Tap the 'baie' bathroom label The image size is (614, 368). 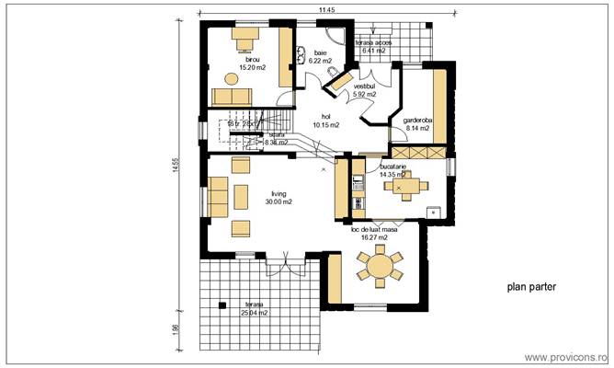320,53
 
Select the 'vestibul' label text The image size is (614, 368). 366,86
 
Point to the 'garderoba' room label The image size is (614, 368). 417,120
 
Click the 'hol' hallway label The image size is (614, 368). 325,117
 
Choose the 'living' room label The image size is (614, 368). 279,194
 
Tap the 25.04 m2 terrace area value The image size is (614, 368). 254,313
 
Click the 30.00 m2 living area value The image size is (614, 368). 279,202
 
